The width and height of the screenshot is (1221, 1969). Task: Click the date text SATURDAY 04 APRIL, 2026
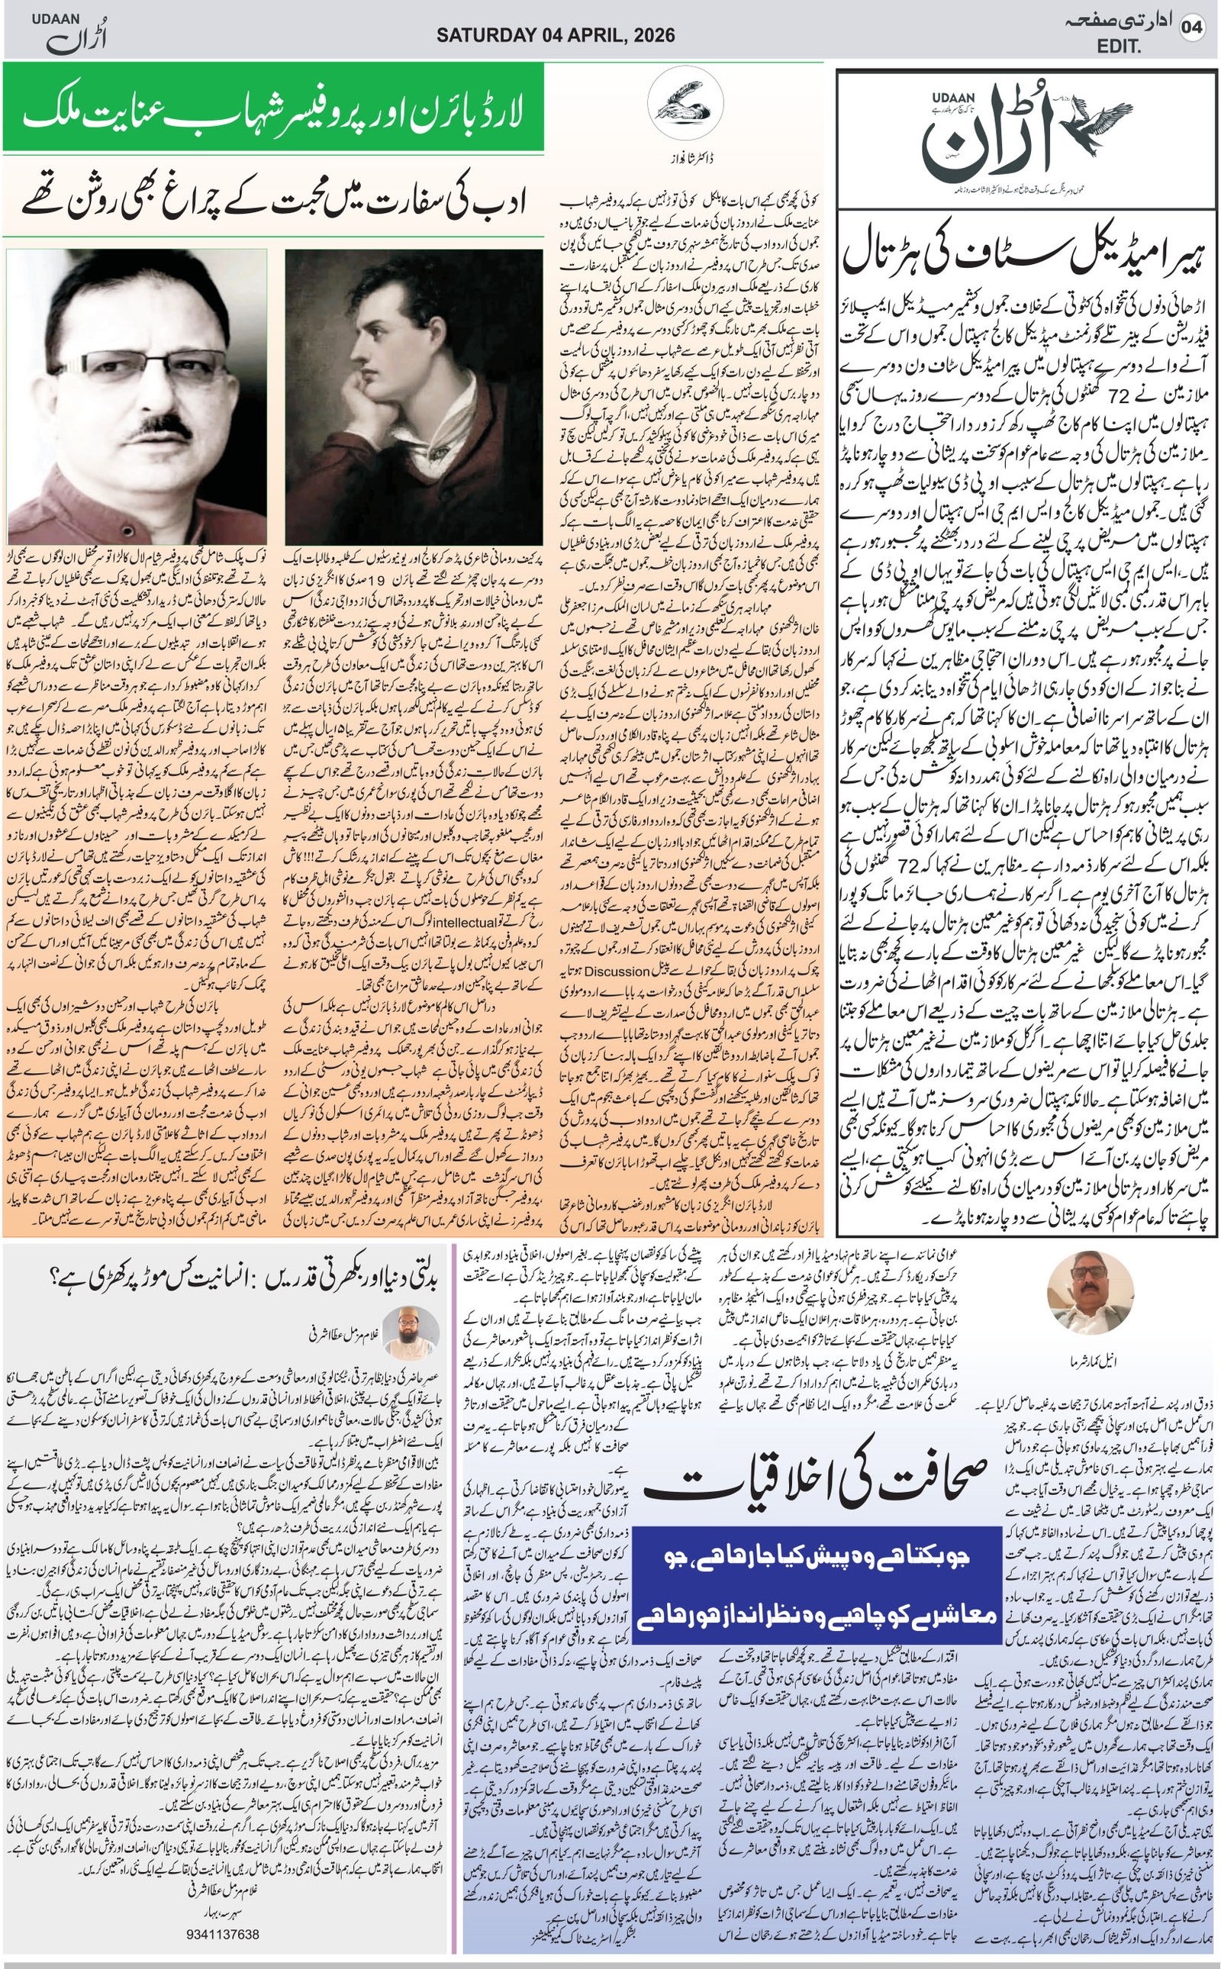pos(556,35)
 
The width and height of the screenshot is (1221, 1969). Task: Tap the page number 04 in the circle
pos(1192,28)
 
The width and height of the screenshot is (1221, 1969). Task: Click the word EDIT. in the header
pos(1119,47)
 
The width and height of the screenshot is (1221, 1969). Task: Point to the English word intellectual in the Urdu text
pos(463,920)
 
